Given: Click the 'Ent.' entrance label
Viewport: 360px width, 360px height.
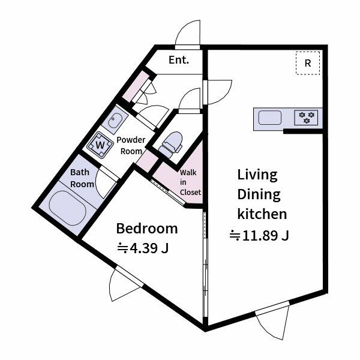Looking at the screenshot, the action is click(x=179, y=60).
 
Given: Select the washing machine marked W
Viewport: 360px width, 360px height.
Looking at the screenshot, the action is click(x=100, y=145).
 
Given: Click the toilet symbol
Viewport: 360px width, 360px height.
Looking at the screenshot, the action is click(x=170, y=144).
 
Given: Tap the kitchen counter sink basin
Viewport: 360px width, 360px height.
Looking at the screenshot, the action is click(x=269, y=118).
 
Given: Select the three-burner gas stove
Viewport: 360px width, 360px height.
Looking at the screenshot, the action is click(x=306, y=118).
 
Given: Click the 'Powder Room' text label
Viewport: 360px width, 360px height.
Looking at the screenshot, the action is click(x=131, y=146).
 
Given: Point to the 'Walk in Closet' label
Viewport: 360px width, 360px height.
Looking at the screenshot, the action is click(x=190, y=182).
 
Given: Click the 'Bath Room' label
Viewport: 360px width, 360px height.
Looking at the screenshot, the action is click(x=82, y=178).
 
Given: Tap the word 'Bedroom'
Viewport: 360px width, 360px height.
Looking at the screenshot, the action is click(x=147, y=229).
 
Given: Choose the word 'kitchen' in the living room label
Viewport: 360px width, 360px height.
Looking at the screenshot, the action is click(x=262, y=214).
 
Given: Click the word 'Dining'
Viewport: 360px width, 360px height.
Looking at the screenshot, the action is click(x=259, y=195).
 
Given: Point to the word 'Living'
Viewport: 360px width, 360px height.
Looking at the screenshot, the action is click(x=257, y=175).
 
